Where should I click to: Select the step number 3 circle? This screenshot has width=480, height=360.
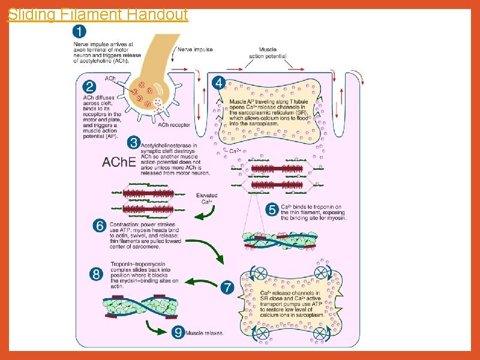pyautogui.click(x=136, y=143)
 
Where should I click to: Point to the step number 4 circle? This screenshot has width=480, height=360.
pyautogui.click(x=220, y=82)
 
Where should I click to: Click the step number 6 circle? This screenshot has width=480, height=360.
pyautogui.click(x=100, y=226)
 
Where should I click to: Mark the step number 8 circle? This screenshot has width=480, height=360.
pyautogui.click(x=96, y=274)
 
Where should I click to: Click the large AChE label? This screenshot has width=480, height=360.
pyautogui.click(x=119, y=163)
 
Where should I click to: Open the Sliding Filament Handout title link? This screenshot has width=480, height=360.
pyautogui.click(x=97, y=14)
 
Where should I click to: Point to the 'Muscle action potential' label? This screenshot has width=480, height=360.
pyautogui.click(x=268, y=52)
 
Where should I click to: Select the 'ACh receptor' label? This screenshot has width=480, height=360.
pyautogui.click(x=175, y=125)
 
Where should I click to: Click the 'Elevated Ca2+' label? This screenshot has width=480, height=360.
pyautogui.click(x=207, y=199)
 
